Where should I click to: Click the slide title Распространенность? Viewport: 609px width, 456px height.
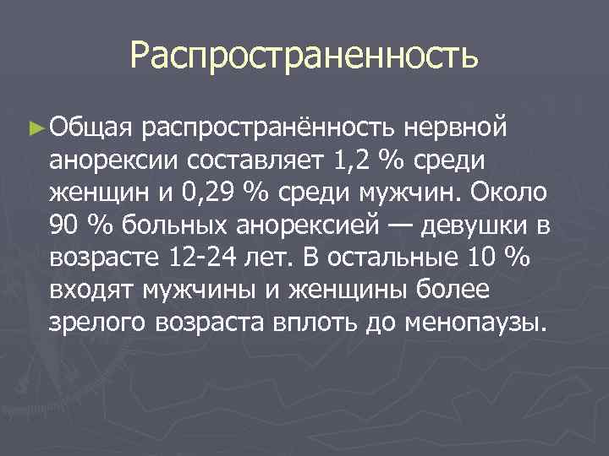304,57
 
